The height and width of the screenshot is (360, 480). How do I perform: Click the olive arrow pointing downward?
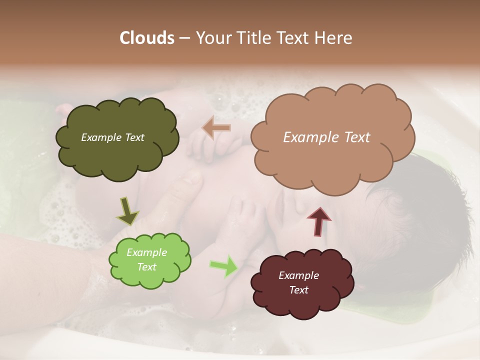coord(127,210)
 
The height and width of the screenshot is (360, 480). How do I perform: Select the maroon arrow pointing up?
coord(319,221)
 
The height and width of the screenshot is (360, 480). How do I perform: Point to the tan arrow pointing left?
coord(216,128)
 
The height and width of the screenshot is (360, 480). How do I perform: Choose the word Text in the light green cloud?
coord(146,267)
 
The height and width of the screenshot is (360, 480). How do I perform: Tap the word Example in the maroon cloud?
coord(298,275)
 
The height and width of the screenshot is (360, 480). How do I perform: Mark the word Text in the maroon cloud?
coord(298,290)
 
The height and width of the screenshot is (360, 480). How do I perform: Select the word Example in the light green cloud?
coord(146,252)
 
